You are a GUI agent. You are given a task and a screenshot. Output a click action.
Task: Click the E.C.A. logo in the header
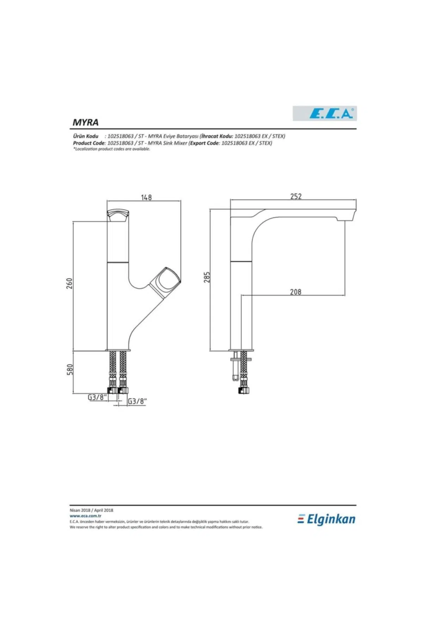point(325,114)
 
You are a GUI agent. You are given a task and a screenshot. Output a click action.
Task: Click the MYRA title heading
point(85,122)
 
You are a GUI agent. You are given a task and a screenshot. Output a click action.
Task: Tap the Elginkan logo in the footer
point(326,519)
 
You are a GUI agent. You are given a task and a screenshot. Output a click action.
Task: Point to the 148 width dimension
point(146,197)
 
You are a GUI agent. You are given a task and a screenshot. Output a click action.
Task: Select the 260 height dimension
point(70,283)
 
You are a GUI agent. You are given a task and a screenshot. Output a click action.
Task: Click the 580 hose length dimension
point(70,369)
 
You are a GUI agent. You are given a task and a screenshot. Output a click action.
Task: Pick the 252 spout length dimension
point(296,196)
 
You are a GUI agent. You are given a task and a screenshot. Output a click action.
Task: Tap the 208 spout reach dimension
point(295,292)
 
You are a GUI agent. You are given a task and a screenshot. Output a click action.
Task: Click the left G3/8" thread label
point(97,397)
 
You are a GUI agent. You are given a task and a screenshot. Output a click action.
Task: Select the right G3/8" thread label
point(137,401)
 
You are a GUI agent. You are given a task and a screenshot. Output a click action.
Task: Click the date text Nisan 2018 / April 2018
point(91,510)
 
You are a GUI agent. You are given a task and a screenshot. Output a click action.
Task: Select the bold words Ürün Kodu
point(86,136)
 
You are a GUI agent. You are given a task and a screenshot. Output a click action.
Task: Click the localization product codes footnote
point(112,149)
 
